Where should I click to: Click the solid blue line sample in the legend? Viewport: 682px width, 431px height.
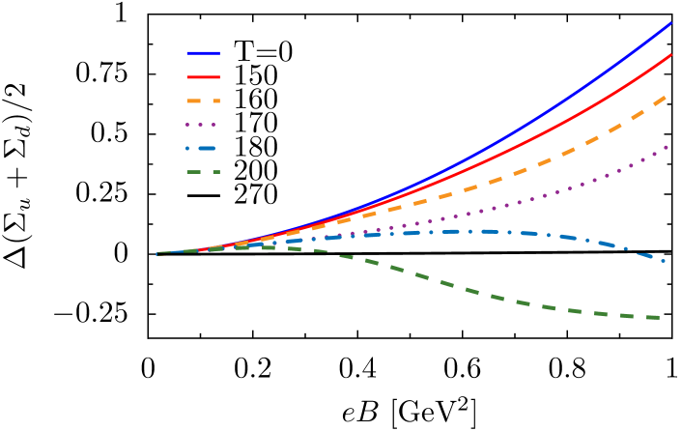203,53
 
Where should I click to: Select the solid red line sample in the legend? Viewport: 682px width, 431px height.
203,76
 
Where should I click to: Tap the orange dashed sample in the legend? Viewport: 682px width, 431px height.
203,101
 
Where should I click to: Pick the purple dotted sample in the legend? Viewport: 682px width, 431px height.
201,125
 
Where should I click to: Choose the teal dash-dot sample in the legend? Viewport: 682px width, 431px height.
201,149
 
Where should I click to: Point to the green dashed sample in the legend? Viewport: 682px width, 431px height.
203,172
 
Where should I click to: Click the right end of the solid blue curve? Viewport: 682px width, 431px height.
670,23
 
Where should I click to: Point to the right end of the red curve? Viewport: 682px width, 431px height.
670,55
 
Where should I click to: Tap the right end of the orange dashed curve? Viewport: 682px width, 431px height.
666,97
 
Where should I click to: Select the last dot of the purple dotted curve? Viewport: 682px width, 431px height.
667,147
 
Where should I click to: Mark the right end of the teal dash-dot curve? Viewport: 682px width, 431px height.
664,260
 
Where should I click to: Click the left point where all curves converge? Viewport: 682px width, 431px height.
158,254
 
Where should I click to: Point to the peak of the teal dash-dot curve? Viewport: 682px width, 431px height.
483,231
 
